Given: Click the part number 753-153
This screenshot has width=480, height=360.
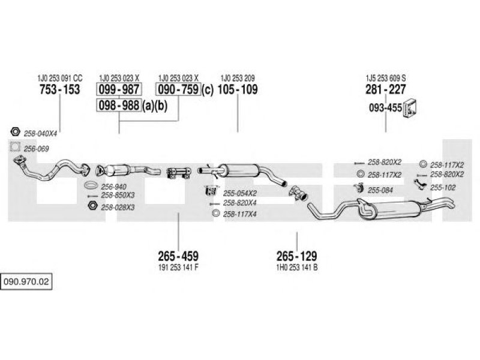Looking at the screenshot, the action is pyautogui.click(x=59, y=89).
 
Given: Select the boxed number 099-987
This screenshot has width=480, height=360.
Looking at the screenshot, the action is pyautogui.click(x=119, y=89).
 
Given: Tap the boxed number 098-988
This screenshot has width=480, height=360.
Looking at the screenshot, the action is pyautogui.click(x=119, y=106).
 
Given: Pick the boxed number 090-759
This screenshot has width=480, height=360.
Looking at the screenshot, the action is pyautogui.click(x=178, y=89).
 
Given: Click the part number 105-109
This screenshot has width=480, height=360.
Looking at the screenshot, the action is pyautogui.click(x=238, y=89).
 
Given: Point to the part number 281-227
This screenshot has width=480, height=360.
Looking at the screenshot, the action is pyautogui.click(x=385, y=89).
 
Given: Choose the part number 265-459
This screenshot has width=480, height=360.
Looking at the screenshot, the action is pyautogui.click(x=178, y=256).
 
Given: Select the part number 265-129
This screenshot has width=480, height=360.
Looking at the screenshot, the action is pyautogui.click(x=296, y=256).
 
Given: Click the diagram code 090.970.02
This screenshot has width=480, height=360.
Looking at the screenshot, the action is pyautogui.click(x=26, y=281).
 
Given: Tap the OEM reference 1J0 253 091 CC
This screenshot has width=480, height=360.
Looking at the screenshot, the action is pyautogui.click(x=59, y=78).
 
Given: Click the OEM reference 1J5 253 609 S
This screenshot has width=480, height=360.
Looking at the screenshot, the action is pyautogui.click(x=385, y=78).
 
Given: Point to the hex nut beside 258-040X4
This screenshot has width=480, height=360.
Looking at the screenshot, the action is pyautogui.click(x=15, y=131).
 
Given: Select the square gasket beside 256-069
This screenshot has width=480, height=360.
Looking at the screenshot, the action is pyautogui.click(x=14, y=147).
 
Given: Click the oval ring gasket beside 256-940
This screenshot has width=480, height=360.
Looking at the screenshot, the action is pyautogui.click(x=91, y=185).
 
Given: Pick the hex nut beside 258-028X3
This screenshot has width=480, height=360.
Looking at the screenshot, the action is pyautogui.click(x=92, y=205).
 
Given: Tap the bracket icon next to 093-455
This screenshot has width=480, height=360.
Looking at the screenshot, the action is pyautogui.click(x=410, y=109).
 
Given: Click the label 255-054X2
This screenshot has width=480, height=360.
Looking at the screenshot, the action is pyautogui.click(x=239, y=193).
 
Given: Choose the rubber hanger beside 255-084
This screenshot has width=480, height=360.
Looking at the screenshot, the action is pyautogui.click(x=358, y=188).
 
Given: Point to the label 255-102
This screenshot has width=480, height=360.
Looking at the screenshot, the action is pyautogui.click(x=443, y=188).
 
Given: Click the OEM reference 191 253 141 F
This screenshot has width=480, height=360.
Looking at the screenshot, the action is pyautogui.click(x=178, y=267).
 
